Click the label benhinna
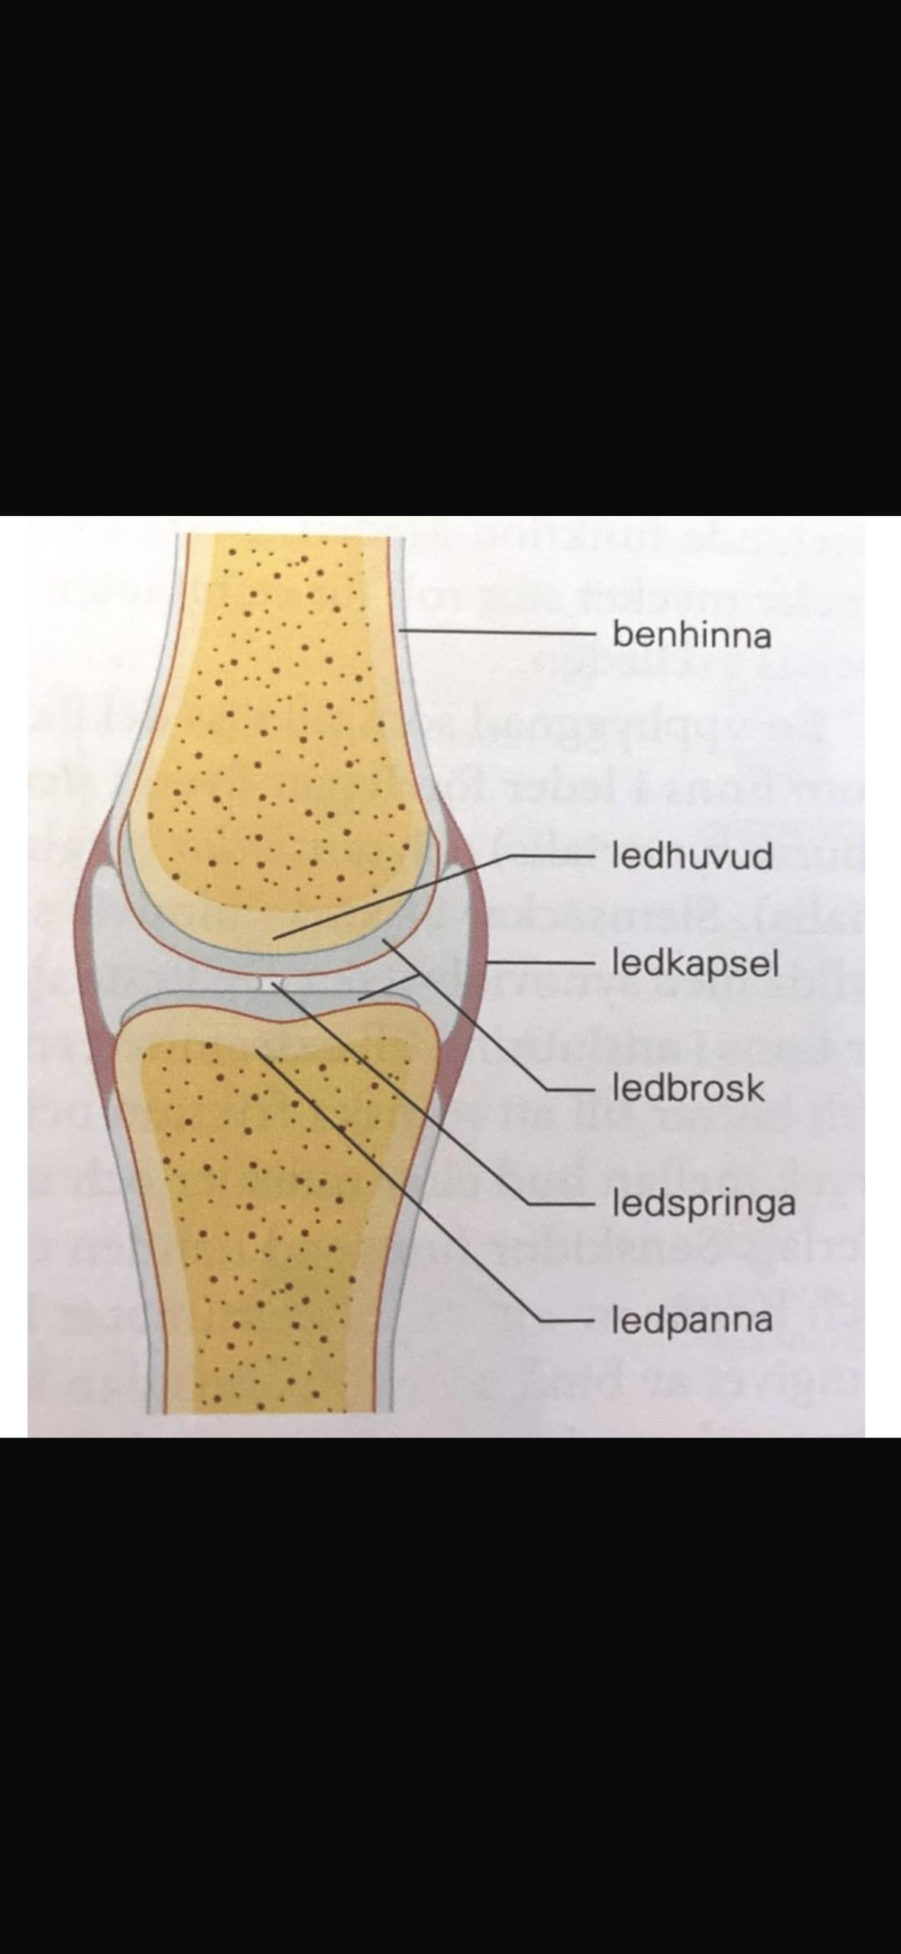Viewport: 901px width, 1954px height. click(692, 635)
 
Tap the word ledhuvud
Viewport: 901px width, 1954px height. click(692, 855)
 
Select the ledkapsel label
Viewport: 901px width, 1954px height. click(695, 963)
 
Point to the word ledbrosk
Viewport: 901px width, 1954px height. click(687, 1088)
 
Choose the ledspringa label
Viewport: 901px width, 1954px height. click(703, 1204)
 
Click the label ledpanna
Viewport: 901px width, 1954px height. click(692, 1319)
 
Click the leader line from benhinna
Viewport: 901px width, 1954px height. click(497, 632)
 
